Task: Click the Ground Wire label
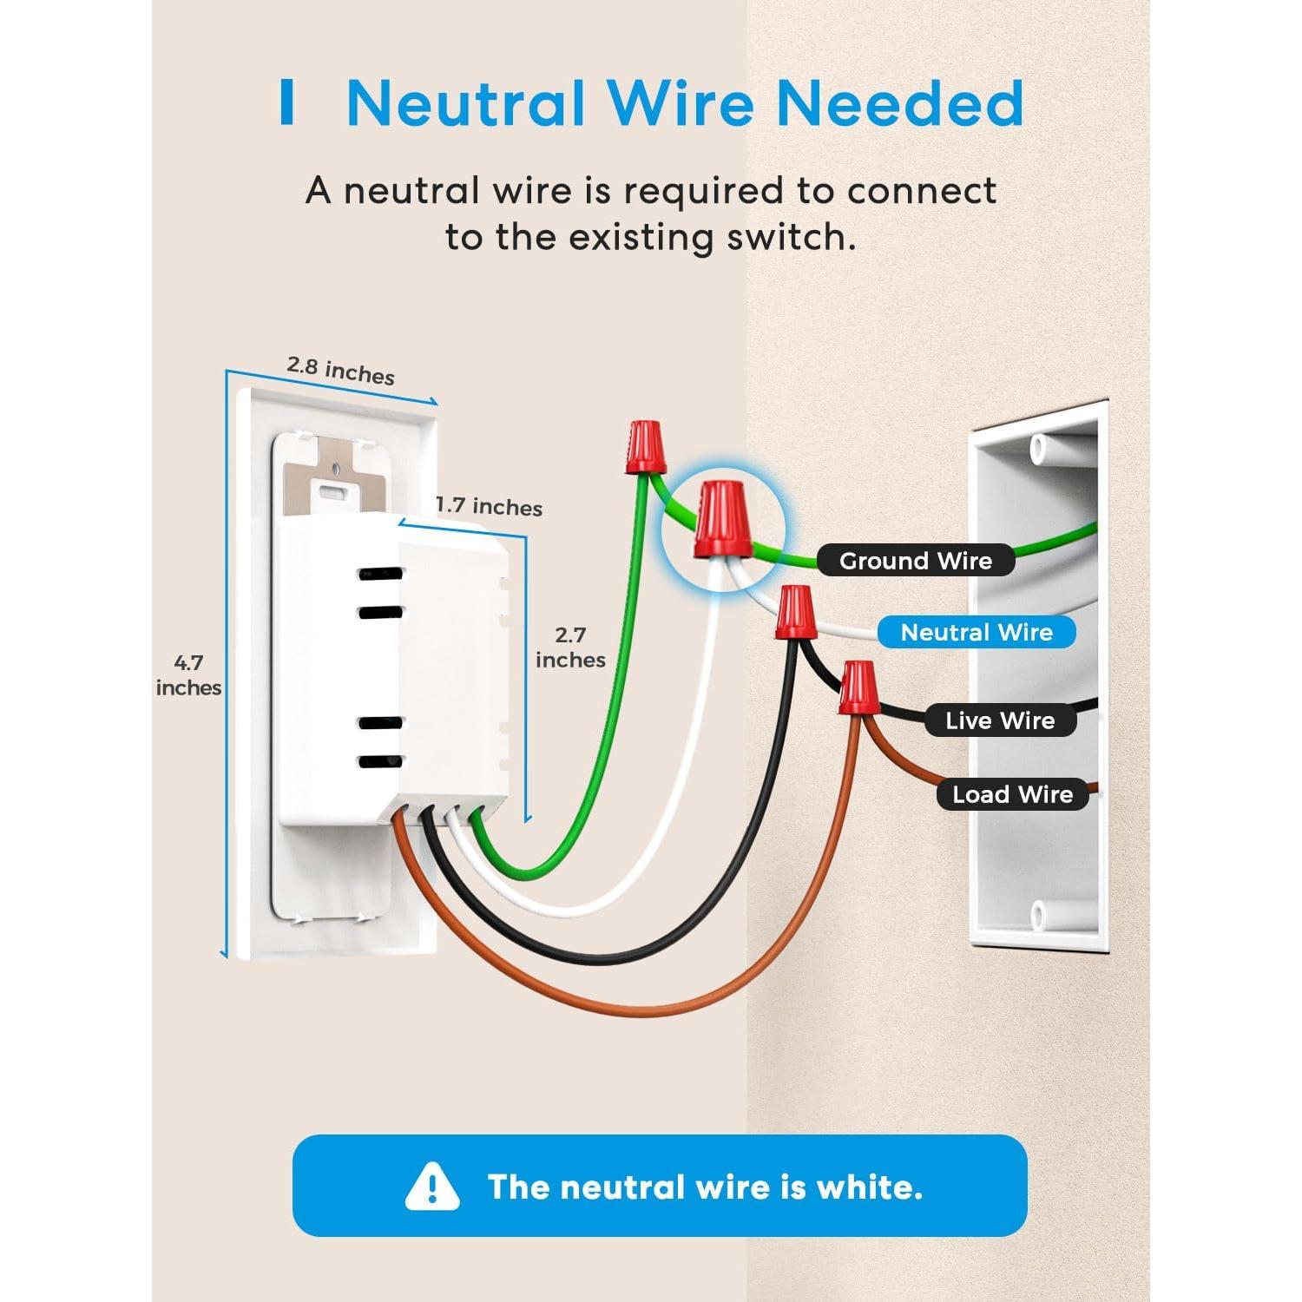(915, 561)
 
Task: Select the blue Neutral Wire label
(976, 632)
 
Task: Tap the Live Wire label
(1000, 720)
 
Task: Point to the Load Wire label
(1012, 794)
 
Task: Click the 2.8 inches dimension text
(340, 370)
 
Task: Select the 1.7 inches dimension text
(489, 506)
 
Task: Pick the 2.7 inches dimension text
(570, 648)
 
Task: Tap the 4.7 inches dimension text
(188, 675)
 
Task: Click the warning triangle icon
(431, 1187)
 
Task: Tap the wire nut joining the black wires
(795, 612)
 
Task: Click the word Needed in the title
(899, 103)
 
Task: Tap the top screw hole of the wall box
(1038, 448)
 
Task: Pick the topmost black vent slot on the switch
(380, 575)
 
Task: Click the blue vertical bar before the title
(286, 102)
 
